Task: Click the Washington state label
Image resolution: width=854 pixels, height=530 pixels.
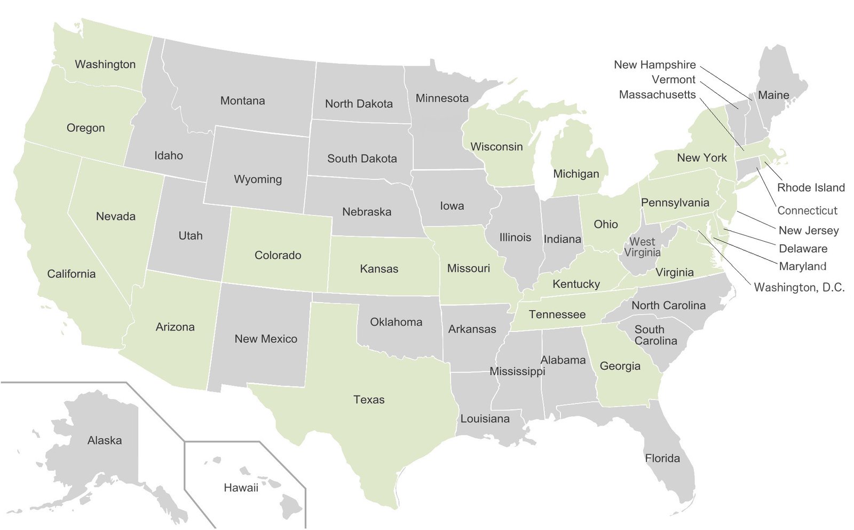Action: click(x=105, y=64)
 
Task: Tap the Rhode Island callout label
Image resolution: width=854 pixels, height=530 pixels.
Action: click(x=810, y=187)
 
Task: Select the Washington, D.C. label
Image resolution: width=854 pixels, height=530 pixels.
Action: click(x=798, y=287)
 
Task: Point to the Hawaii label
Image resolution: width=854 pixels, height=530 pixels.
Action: click(x=241, y=487)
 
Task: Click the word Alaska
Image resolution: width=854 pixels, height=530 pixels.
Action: click(x=105, y=440)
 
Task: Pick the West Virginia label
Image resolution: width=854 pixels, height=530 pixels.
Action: click(x=642, y=247)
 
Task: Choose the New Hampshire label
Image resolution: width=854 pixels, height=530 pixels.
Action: click(x=654, y=65)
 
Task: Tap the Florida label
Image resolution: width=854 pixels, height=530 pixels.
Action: click(x=662, y=458)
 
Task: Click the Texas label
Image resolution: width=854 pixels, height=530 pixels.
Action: click(x=368, y=399)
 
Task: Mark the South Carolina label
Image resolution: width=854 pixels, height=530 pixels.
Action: click(x=655, y=335)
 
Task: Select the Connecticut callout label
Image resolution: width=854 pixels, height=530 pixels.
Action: click(x=807, y=210)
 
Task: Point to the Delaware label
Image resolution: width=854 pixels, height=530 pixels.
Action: click(x=803, y=248)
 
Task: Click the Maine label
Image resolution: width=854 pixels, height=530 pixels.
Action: click(x=773, y=95)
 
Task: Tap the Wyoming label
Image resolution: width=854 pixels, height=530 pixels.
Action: click(x=258, y=179)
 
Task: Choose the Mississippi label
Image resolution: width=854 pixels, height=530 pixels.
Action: click(x=517, y=371)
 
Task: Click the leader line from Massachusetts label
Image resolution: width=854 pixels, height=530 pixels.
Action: click(x=722, y=124)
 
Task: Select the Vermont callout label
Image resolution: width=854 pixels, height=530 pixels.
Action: click(x=673, y=80)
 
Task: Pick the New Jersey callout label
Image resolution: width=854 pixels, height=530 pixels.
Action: click(x=808, y=230)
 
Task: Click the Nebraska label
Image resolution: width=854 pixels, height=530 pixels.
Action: click(x=366, y=211)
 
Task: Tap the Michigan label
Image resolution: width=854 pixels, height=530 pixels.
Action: click(x=575, y=173)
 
